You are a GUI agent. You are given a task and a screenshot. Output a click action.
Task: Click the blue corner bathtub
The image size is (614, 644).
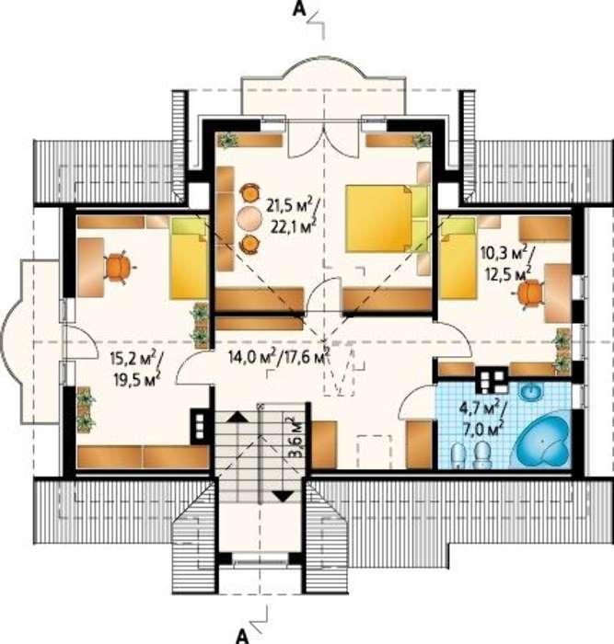[x=543, y=444]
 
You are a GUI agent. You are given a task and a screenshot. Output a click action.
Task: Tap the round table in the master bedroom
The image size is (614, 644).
[x=249, y=218]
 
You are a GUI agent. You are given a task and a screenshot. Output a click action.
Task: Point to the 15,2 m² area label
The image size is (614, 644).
[x=133, y=360]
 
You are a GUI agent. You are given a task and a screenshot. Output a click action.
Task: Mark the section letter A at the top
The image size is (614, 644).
[x=299, y=9]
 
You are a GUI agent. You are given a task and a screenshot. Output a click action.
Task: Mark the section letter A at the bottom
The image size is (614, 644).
[x=242, y=636]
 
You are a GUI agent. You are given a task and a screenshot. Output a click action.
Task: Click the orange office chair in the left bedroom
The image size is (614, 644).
[x=119, y=268]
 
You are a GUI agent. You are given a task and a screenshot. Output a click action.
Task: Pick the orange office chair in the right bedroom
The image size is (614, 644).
[x=529, y=293]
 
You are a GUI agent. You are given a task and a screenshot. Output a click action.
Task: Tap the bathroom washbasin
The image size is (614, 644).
[x=532, y=391]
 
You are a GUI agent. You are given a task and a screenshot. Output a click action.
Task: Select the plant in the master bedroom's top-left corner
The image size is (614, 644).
[x=227, y=141]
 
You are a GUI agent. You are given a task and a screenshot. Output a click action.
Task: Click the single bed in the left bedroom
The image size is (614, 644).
[x=189, y=258]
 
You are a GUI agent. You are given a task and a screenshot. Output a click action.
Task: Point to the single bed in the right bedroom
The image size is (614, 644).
[x=458, y=258]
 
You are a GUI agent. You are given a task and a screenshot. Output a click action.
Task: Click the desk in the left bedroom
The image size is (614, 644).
[x=90, y=267]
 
